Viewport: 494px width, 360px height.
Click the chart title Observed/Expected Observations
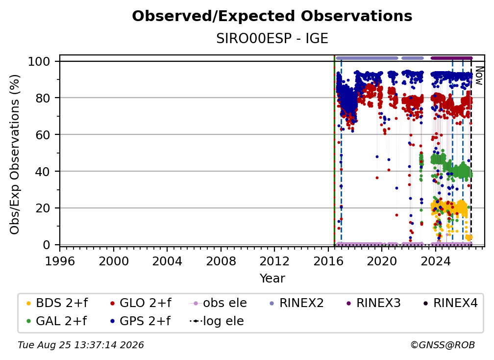tap(272, 16)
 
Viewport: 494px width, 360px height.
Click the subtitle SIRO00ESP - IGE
tap(272, 38)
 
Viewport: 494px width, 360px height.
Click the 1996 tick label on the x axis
tap(60, 261)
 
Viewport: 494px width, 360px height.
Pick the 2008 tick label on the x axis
tap(221, 261)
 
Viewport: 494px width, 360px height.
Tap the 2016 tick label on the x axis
tap(328, 261)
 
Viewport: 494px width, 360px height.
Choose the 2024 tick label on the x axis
tap(435, 261)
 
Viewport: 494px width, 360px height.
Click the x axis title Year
tap(272, 279)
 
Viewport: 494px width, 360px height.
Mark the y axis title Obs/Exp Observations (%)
tap(15, 154)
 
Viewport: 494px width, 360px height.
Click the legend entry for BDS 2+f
tap(57, 303)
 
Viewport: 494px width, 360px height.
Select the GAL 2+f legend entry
tap(56, 321)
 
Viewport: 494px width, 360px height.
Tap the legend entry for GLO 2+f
tap(141, 303)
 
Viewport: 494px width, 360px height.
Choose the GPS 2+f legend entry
tap(140, 321)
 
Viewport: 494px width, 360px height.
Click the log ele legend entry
tap(217, 321)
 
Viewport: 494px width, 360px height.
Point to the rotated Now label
tap(479, 76)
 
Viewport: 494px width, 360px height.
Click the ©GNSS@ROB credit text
tap(443, 345)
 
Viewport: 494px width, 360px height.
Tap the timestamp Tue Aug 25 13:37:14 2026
tap(81, 345)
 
